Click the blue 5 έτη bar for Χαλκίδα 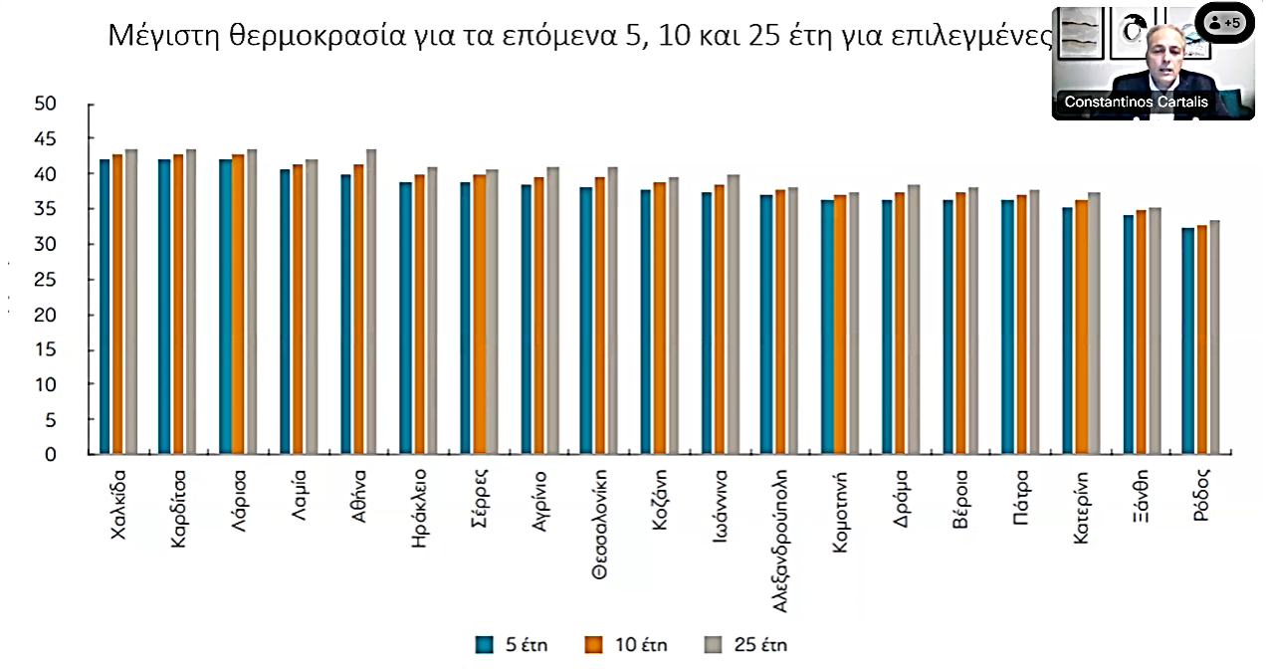tap(106, 307)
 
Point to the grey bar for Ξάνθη tap(1155, 331)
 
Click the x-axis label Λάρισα tap(239, 503)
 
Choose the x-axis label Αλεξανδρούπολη tap(781, 539)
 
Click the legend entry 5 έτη tap(513, 644)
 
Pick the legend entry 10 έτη tap(626, 644)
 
